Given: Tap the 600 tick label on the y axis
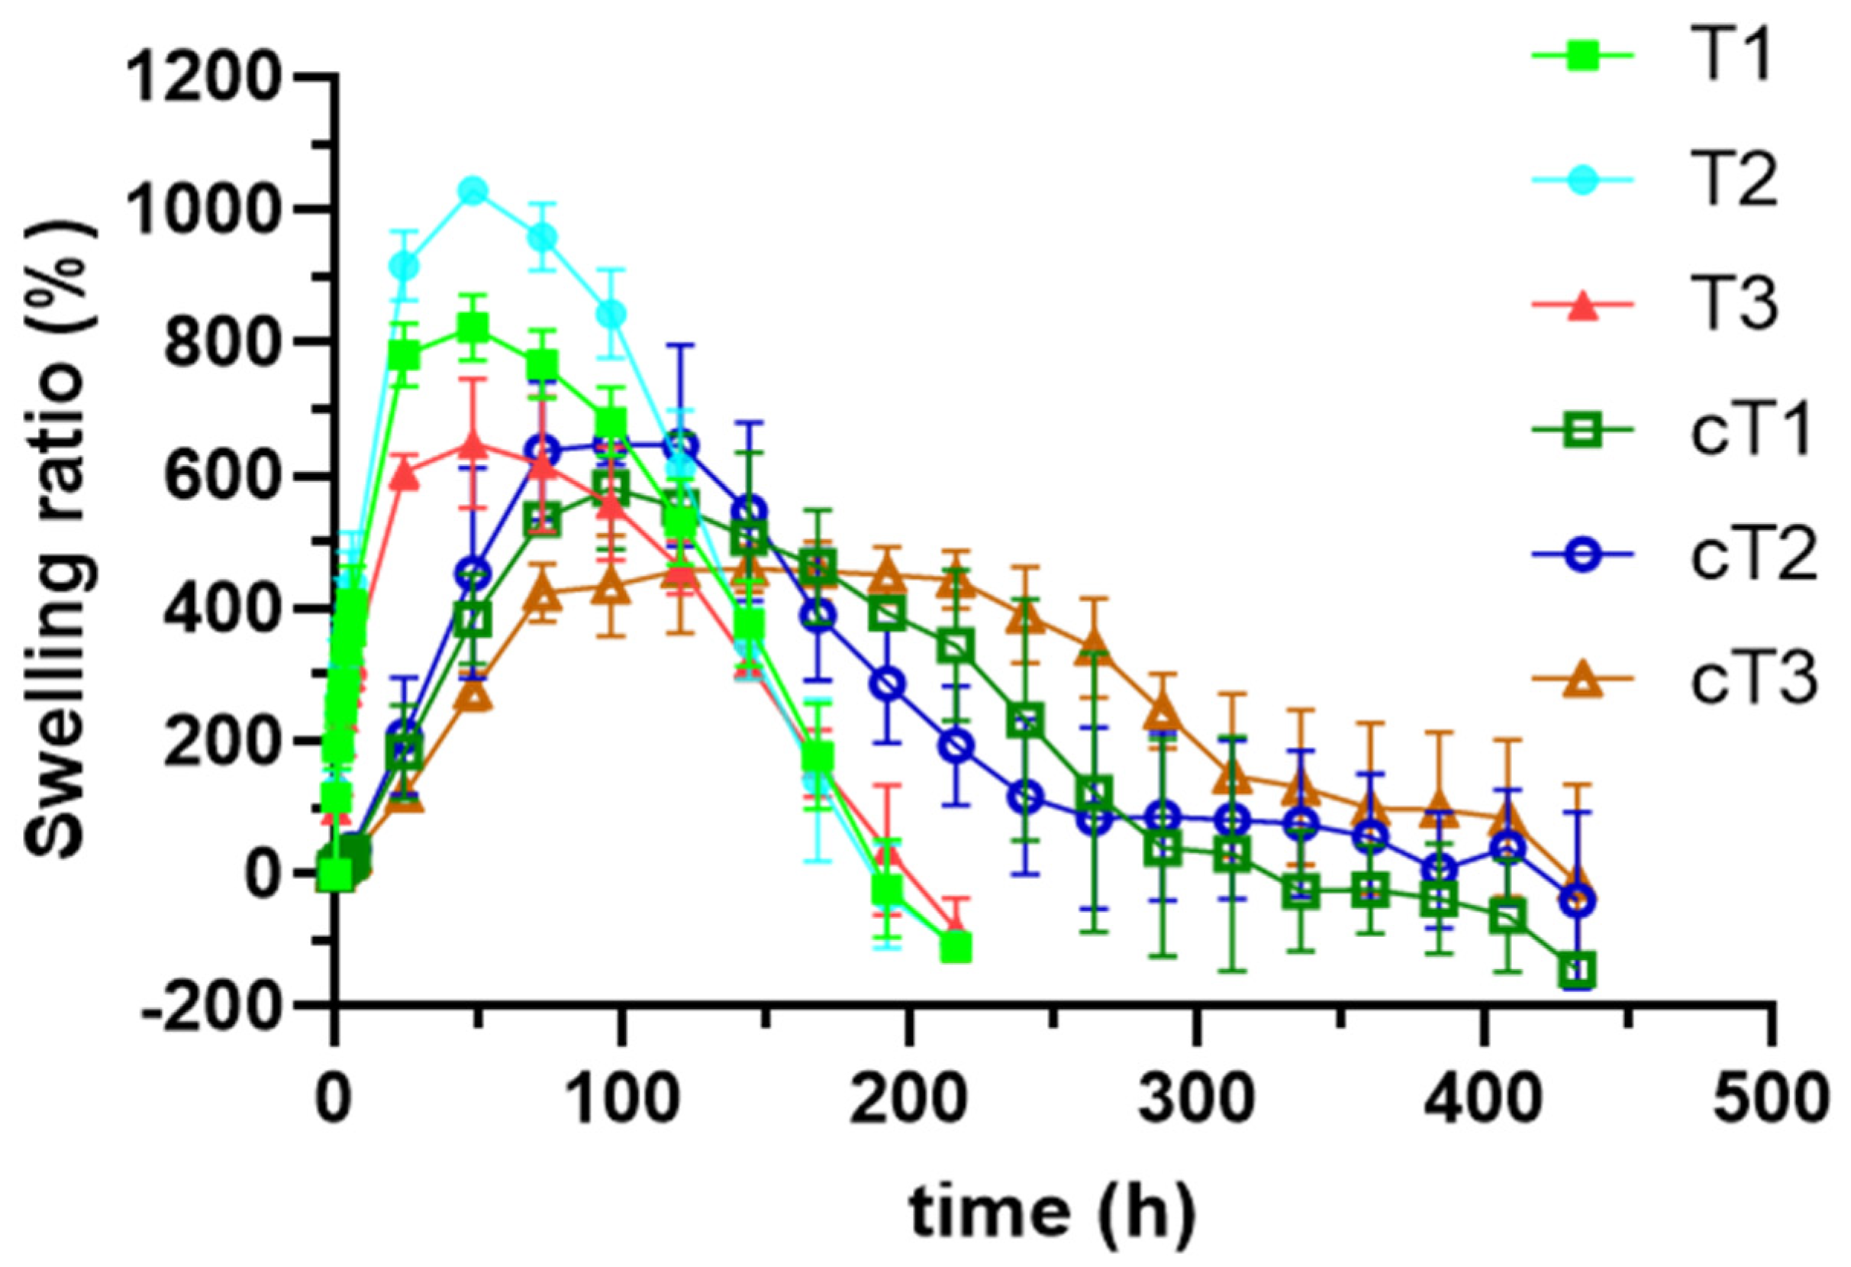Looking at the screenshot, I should point(222,476).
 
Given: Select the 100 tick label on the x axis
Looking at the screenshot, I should point(621,1098).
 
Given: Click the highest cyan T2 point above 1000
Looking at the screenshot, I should point(474,191).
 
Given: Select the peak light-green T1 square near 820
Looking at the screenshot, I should point(474,328).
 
